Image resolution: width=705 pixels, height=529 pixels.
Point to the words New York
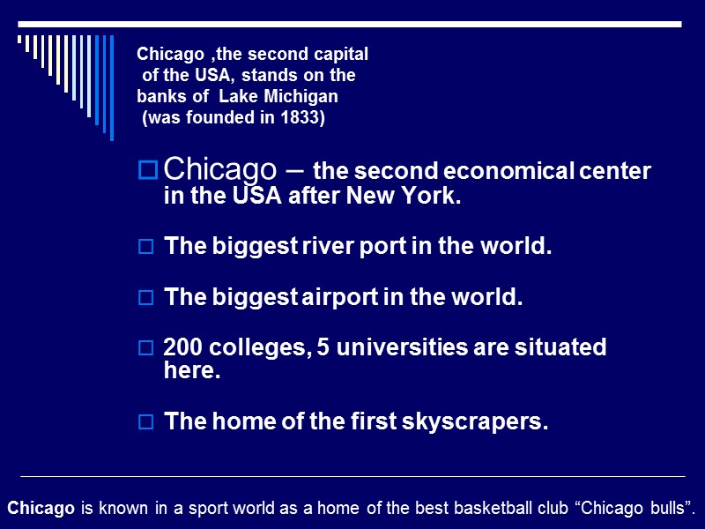419,197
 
